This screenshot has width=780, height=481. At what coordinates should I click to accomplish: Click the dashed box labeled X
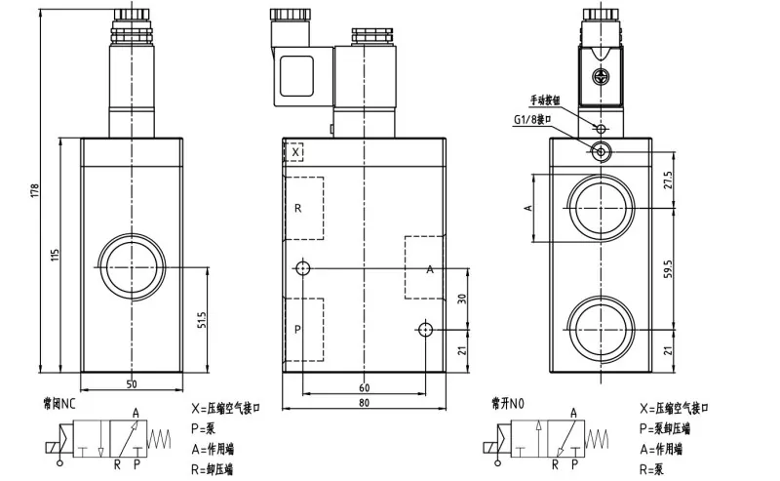[293, 151]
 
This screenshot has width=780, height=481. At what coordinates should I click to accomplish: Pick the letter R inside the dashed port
[297, 208]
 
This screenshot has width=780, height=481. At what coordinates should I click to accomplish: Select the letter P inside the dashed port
[297, 329]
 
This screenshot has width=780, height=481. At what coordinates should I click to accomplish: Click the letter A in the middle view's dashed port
[429, 269]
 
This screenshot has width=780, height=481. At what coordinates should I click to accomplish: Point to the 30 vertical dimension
[461, 300]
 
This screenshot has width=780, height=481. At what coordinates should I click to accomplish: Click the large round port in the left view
[131, 266]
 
